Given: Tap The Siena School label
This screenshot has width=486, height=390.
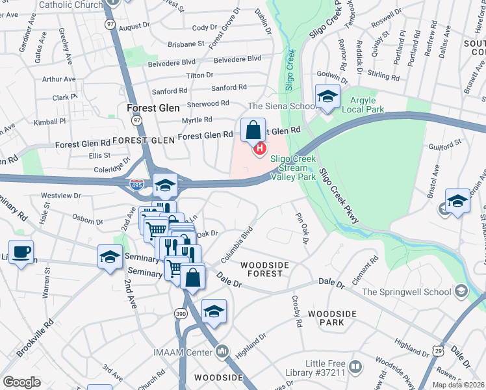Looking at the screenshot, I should click(x=279, y=105).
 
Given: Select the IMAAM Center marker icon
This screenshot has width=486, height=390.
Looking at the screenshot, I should click(x=223, y=352).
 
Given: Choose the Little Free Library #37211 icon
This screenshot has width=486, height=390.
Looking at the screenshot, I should click(x=355, y=367).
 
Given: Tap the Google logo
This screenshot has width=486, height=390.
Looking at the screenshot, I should click(x=21, y=382).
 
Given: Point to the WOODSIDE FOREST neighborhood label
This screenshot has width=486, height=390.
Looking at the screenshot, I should click(x=262, y=269).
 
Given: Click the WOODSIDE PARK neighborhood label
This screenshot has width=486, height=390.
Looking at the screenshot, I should click(x=332, y=318).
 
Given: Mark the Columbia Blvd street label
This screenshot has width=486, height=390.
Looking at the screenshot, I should click(x=237, y=244).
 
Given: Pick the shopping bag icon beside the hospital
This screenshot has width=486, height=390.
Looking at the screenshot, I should click(x=251, y=130).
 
